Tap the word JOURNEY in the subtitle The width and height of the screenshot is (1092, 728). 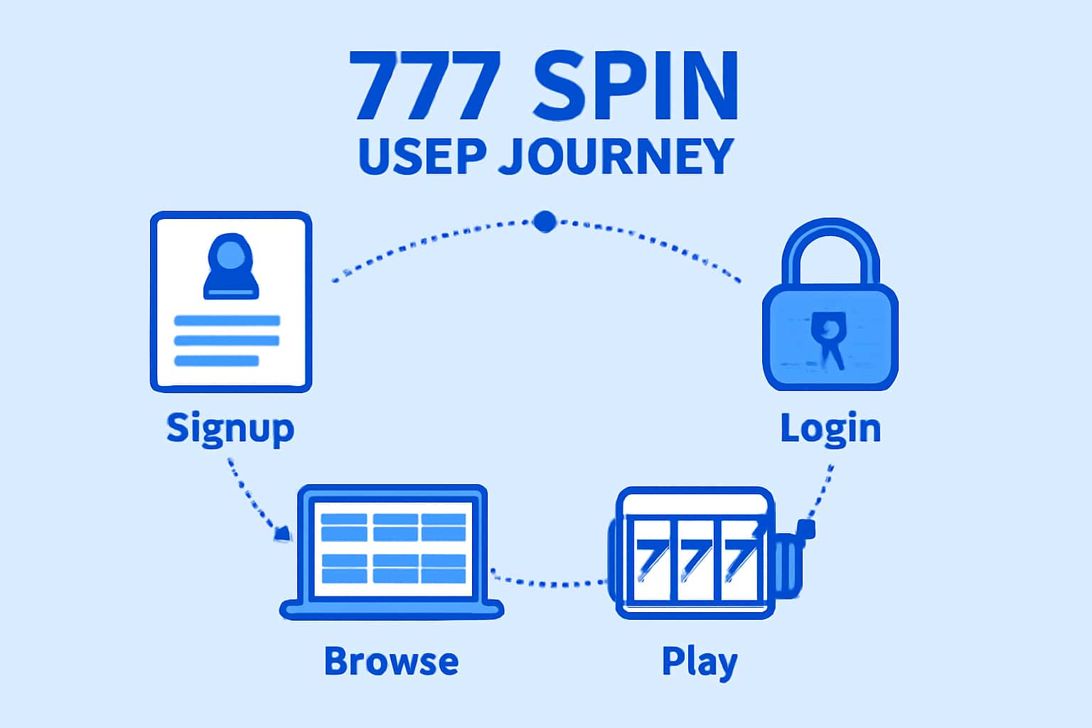615,156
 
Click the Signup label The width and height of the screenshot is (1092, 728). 230,429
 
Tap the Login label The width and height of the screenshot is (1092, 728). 830,429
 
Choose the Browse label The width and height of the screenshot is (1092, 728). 391,661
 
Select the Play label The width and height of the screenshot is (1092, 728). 700,661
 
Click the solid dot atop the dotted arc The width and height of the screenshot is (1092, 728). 545,222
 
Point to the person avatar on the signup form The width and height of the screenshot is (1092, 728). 231,266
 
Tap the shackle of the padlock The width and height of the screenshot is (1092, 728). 830,249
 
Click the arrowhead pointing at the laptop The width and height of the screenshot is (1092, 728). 283,533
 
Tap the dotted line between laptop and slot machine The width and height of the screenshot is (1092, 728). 547,582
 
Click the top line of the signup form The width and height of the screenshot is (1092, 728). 227,321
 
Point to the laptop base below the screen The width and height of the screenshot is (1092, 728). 392,609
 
